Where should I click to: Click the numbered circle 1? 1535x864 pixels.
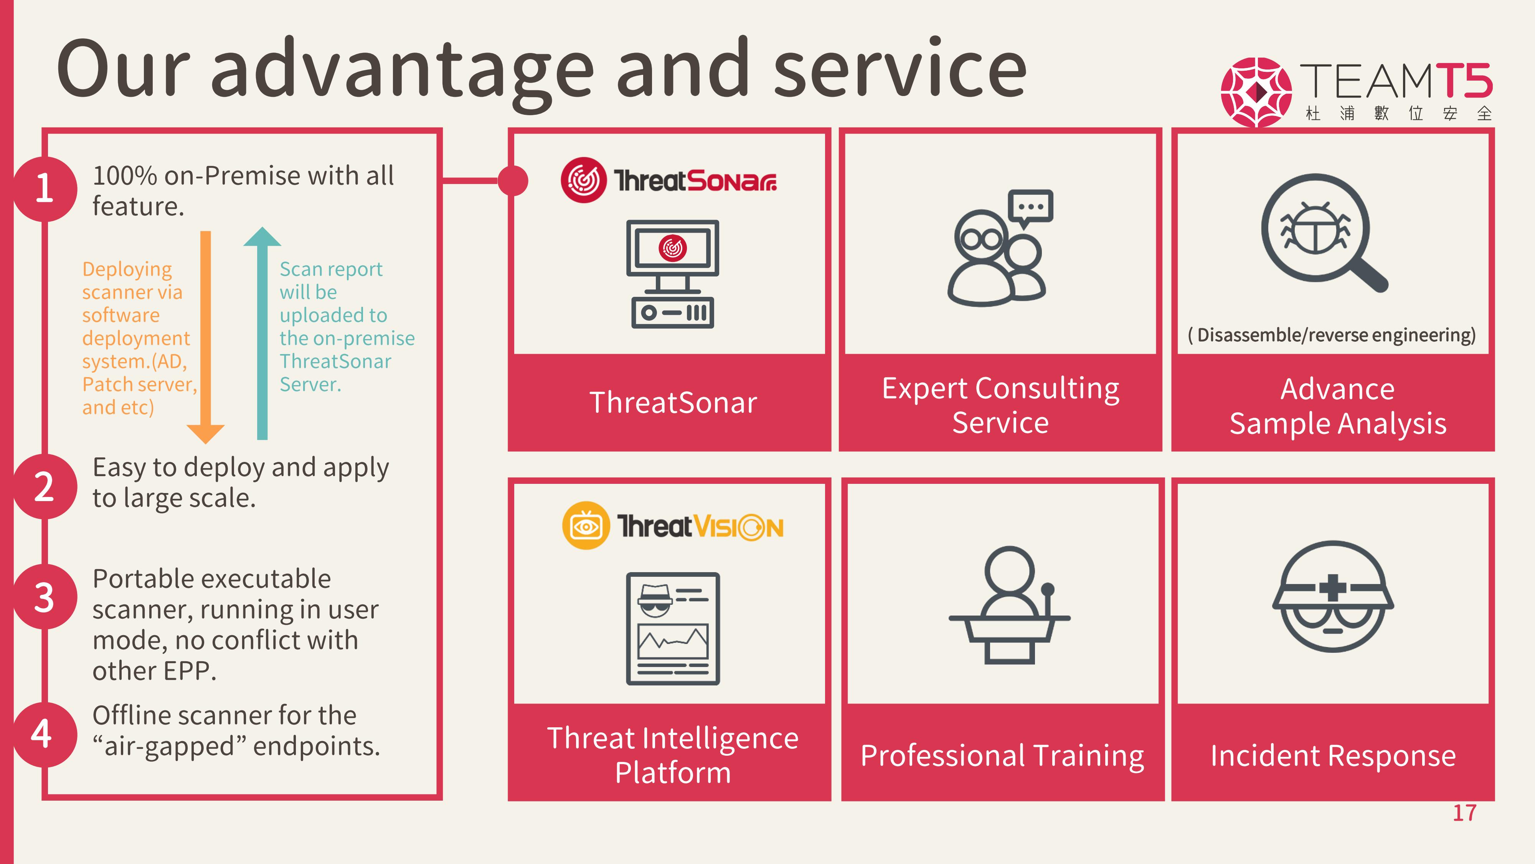[x=45, y=189]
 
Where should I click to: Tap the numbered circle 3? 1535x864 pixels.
[x=45, y=597]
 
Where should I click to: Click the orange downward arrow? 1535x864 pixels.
[x=206, y=337]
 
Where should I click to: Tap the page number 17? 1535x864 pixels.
[x=1465, y=813]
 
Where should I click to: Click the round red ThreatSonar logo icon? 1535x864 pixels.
[x=583, y=180]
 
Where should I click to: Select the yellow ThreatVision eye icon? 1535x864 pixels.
[x=586, y=525]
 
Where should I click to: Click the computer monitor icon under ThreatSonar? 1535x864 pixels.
[x=673, y=274]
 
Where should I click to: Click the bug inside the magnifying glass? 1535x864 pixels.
[x=1314, y=228]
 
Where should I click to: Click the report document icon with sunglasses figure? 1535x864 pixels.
[x=673, y=629]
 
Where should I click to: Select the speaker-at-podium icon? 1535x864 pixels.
[x=1009, y=605]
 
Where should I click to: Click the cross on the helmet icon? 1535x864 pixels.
[x=1333, y=588]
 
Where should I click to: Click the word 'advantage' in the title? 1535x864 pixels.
[x=402, y=70]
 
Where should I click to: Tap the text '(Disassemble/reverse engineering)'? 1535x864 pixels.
[x=1332, y=335]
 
